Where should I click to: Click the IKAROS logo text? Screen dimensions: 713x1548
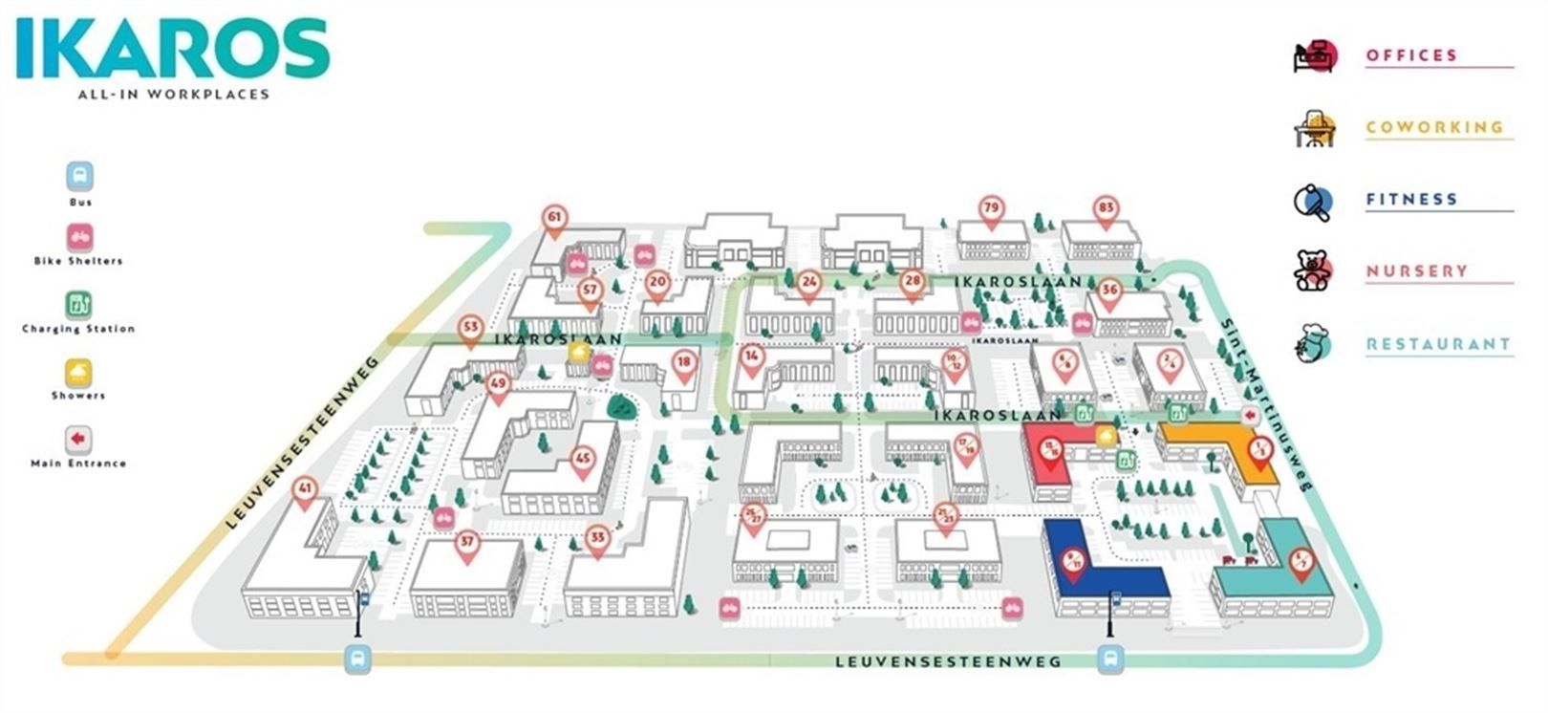click(172, 50)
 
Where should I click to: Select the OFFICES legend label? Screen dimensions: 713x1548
click(1411, 55)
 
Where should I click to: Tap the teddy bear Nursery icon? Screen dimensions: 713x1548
click(1313, 270)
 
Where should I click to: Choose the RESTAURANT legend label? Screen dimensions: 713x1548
click(1438, 344)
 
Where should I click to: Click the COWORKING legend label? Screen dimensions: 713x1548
click(1433, 127)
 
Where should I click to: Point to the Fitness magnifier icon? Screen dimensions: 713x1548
click(1313, 202)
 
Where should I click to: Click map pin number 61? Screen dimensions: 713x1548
click(554, 218)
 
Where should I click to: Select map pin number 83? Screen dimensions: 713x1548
click(1106, 209)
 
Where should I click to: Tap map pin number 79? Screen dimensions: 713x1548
click(991, 209)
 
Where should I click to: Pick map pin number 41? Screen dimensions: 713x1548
click(305, 490)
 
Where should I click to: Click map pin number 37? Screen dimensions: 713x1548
click(466, 543)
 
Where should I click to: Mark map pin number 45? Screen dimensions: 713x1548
click(583, 459)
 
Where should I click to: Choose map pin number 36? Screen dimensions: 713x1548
click(1108, 291)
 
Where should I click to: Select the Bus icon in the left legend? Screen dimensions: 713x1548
click(80, 177)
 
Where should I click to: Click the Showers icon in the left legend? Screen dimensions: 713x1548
click(78, 372)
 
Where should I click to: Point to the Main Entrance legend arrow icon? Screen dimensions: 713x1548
click(78, 440)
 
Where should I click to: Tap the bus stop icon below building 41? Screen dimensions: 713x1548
click(357, 659)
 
